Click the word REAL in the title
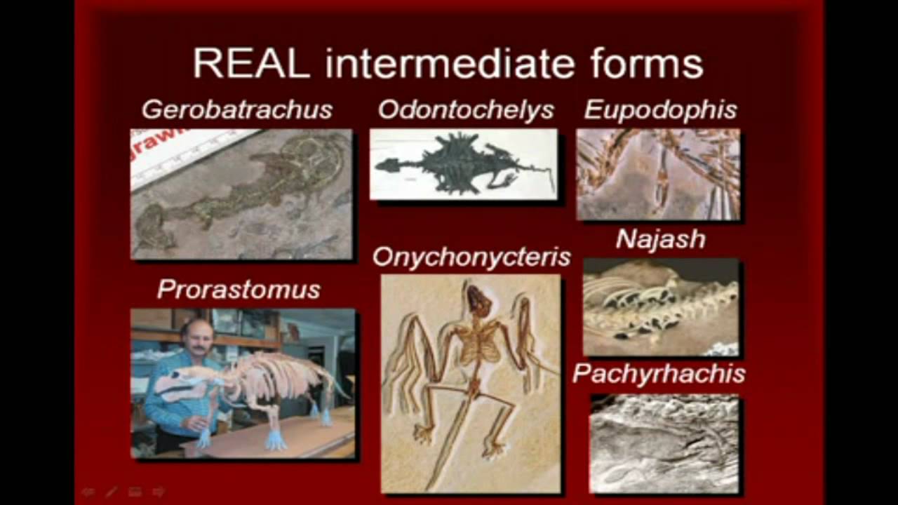pyautogui.click(x=251, y=64)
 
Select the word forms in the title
pyautogui.click(x=646, y=64)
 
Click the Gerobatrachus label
pyautogui.click(x=237, y=109)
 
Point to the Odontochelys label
pyautogui.click(x=466, y=109)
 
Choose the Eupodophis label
pyautogui.click(x=660, y=109)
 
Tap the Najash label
pyautogui.click(x=660, y=240)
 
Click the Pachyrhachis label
pyautogui.click(x=659, y=374)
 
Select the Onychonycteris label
pyautogui.click(x=471, y=257)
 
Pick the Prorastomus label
pyautogui.click(x=239, y=289)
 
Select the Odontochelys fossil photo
pyautogui.click(x=463, y=164)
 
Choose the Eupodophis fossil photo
pyautogui.click(x=658, y=174)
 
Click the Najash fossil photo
pyautogui.click(x=660, y=307)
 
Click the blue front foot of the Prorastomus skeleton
pyautogui.click(x=274, y=441)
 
